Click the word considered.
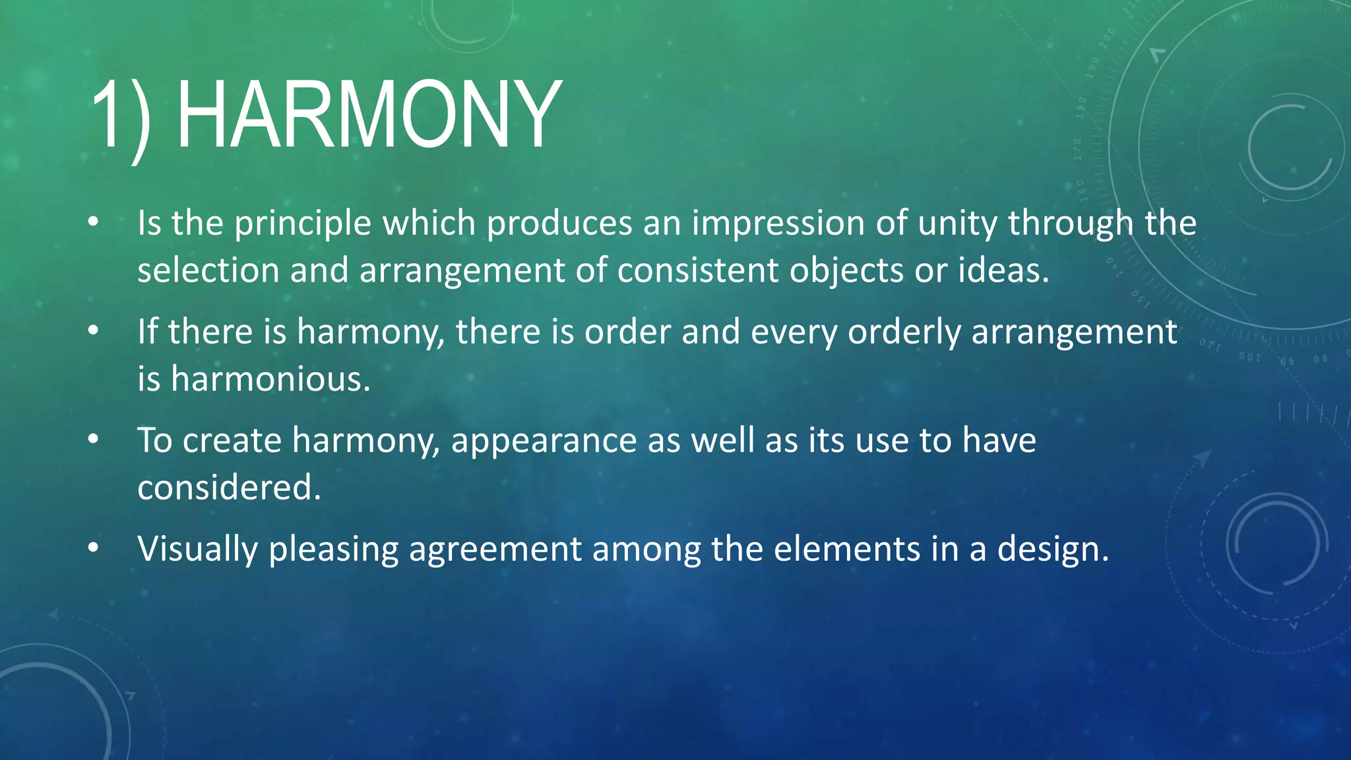(x=229, y=488)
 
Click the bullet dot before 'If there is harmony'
(x=93, y=331)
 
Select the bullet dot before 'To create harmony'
(x=93, y=439)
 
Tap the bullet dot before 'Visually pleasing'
(x=93, y=547)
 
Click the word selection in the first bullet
(x=208, y=271)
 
